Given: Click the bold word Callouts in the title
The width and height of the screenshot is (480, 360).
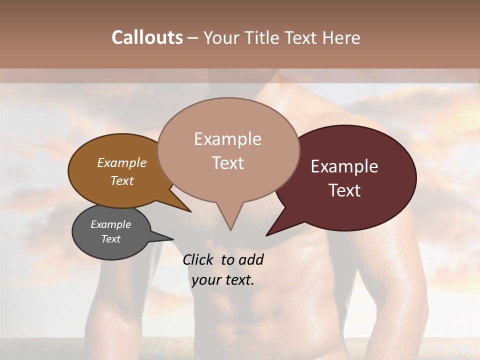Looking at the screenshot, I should [147, 38].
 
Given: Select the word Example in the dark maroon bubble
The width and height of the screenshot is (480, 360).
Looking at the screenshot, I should [344, 166].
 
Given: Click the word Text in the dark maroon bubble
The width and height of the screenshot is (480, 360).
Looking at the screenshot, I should [344, 190].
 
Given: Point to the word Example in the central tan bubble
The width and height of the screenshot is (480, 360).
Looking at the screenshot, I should [227, 139].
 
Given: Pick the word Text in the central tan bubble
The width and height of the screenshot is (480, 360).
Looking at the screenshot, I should [227, 163].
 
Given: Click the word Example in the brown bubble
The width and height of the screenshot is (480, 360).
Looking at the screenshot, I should [121, 162].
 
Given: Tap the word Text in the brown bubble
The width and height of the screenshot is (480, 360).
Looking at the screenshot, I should [121, 180].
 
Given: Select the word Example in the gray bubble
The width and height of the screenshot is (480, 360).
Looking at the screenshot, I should [110, 224].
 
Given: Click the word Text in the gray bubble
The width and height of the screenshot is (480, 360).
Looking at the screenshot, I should [110, 239].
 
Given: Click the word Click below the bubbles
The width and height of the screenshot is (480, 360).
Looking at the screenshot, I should [200, 259].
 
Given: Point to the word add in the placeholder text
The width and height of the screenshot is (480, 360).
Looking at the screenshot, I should [251, 259].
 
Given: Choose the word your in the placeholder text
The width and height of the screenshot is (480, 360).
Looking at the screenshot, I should [206, 280].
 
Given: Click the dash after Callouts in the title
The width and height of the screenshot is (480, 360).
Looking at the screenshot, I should [193, 38].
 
